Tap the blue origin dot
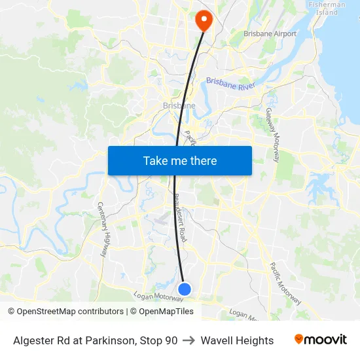185,289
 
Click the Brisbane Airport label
270,34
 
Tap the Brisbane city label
179,105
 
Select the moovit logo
321,340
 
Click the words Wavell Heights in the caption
237,340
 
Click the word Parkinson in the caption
111,340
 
